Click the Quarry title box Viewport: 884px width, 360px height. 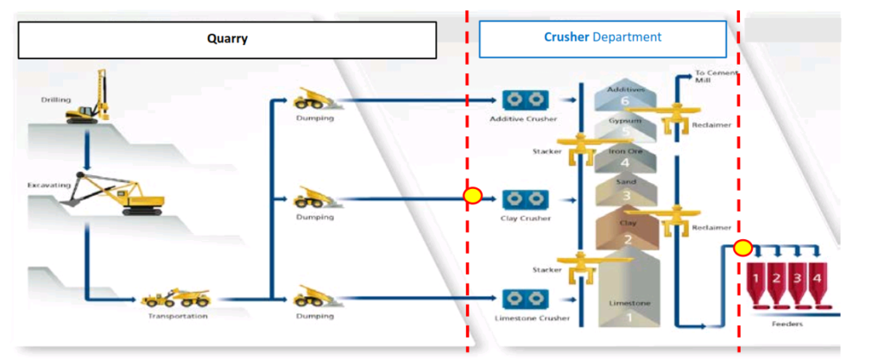(227, 39)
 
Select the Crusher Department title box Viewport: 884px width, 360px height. (603, 39)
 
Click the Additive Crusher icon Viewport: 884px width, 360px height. (523, 101)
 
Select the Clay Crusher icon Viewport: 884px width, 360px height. (523, 199)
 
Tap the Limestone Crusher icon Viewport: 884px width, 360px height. (523, 299)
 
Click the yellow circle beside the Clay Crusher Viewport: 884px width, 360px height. (472, 195)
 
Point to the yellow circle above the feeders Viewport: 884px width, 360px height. (742, 249)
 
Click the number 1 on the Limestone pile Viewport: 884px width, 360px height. (628, 318)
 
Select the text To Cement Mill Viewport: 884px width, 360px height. (717, 77)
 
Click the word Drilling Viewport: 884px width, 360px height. (56, 99)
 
